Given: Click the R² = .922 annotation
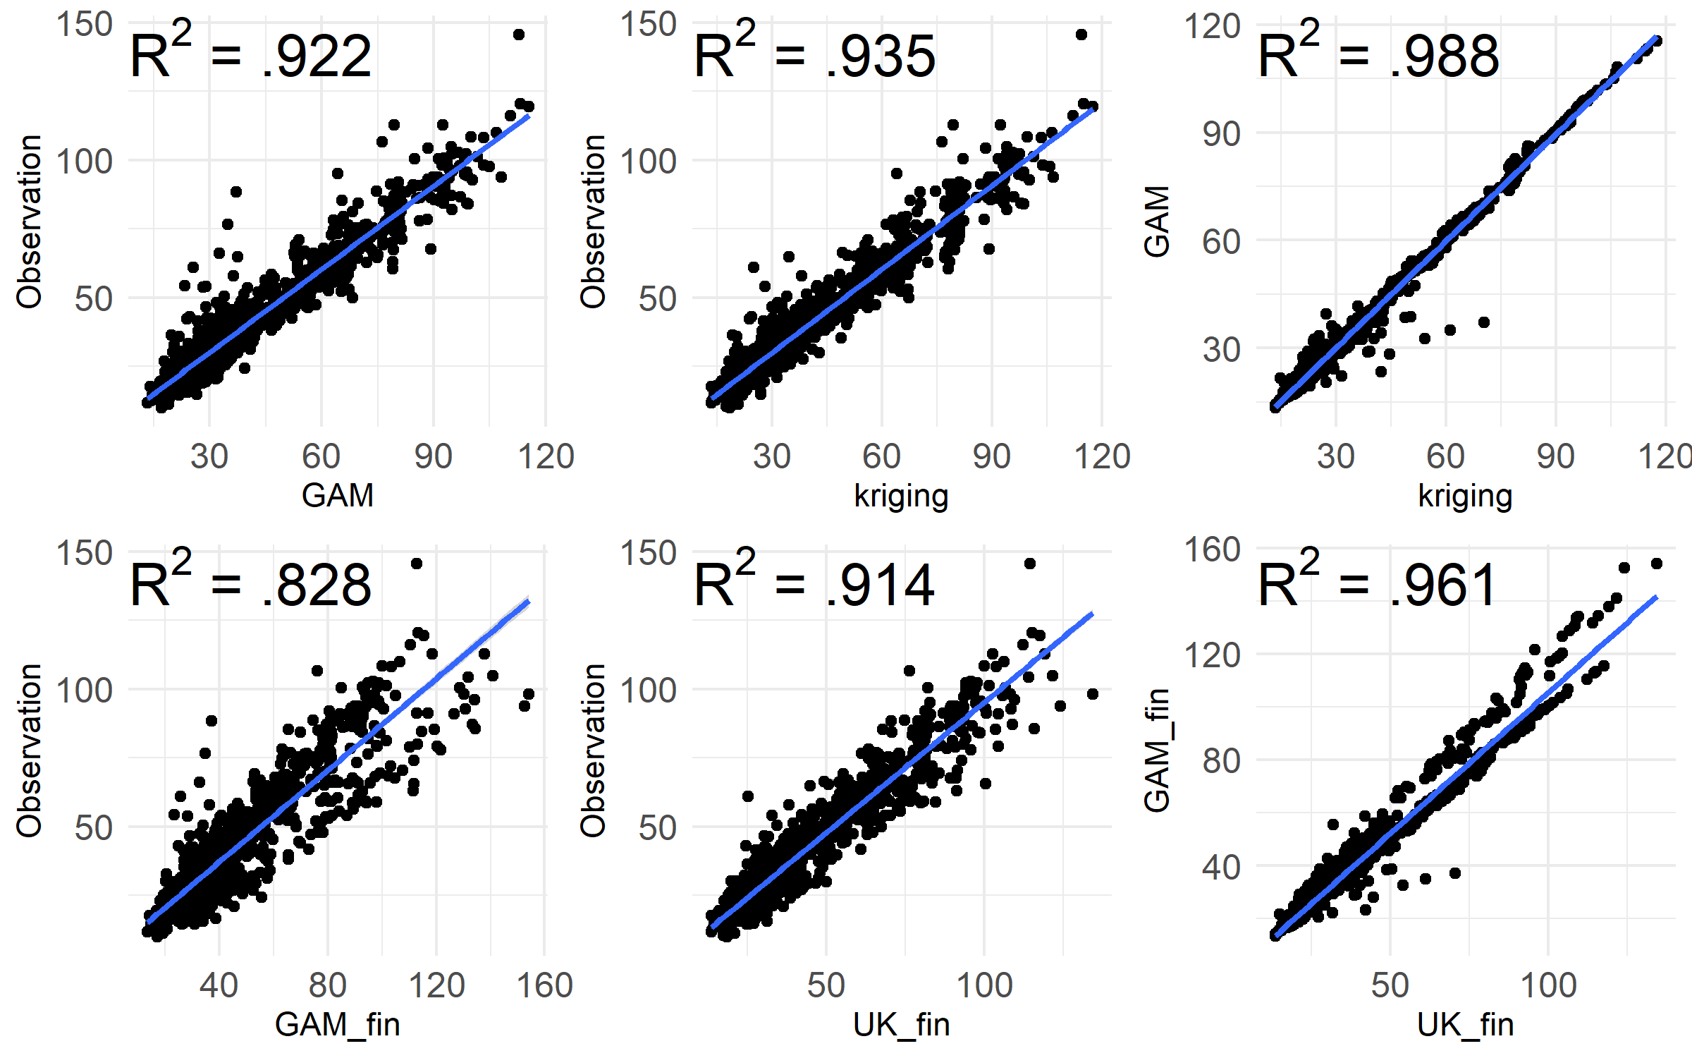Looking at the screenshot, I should pos(250,54).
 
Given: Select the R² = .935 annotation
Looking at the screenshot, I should pos(814,54).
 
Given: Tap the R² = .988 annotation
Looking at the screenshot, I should pos(1378,54).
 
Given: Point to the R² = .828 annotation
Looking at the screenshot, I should pos(250,583).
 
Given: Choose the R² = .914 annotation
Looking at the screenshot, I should pos(814,583).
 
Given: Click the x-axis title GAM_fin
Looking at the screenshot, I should pos(337,1024).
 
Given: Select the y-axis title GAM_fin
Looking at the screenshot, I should pos(1157,750).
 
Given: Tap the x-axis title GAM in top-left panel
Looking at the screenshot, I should pos(337,495).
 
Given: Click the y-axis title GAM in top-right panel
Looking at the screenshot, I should pos(1157,221).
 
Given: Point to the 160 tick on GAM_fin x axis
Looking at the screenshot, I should pos(544,985).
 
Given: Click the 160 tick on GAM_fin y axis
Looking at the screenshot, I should pos(1211,549).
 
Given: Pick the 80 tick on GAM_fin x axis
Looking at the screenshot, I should pos(327,985).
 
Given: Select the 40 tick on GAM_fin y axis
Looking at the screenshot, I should pos(1221,867).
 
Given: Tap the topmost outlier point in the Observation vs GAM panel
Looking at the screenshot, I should pos(518,35).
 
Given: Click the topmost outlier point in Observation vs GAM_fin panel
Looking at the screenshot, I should pos(417,564).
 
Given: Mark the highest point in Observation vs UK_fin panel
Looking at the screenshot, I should pos(1030,564).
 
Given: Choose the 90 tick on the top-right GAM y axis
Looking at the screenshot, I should pos(1221,133).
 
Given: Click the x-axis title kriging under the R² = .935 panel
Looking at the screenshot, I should pos(901,495).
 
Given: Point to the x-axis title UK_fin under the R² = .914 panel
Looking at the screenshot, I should pos(901,1024).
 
